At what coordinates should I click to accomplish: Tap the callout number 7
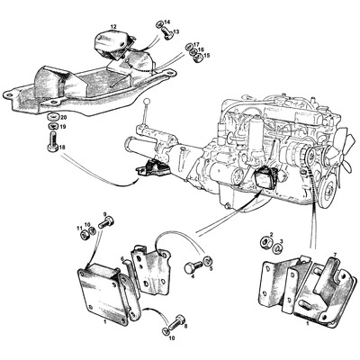[335, 256]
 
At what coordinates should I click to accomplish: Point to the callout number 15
[208, 56]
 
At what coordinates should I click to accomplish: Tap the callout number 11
[78, 226]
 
